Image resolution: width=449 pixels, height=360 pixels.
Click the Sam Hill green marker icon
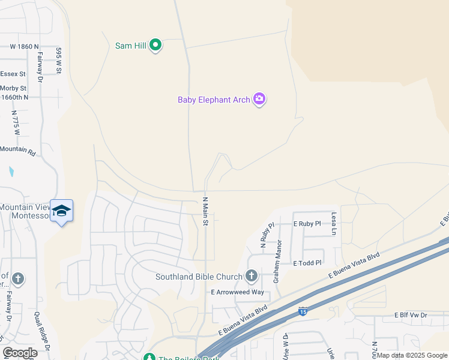(155, 45)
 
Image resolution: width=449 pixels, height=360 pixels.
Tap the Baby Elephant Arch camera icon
(259, 99)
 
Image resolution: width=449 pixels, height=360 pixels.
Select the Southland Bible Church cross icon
(251, 277)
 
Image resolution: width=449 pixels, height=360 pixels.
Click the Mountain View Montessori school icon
(61, 211)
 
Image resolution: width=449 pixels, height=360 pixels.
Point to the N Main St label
(205, 211)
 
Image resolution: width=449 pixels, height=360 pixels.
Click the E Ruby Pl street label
(307, 223)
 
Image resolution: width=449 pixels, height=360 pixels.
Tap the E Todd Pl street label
(307, 263)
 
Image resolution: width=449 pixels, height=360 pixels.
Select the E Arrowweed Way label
(237, 292)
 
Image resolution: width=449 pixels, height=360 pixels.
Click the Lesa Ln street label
(334, 223)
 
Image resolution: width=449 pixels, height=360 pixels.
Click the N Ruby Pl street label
(263, 236)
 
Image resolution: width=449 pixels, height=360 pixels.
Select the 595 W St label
(59, 61)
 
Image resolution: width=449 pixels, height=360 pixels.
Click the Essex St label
(13, 74)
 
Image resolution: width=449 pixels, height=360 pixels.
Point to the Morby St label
(13, 88)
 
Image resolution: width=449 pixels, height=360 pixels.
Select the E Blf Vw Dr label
(411, 315)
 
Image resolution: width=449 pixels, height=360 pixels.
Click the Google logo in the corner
(20, 353)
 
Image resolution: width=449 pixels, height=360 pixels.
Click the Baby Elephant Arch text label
(213, 100)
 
